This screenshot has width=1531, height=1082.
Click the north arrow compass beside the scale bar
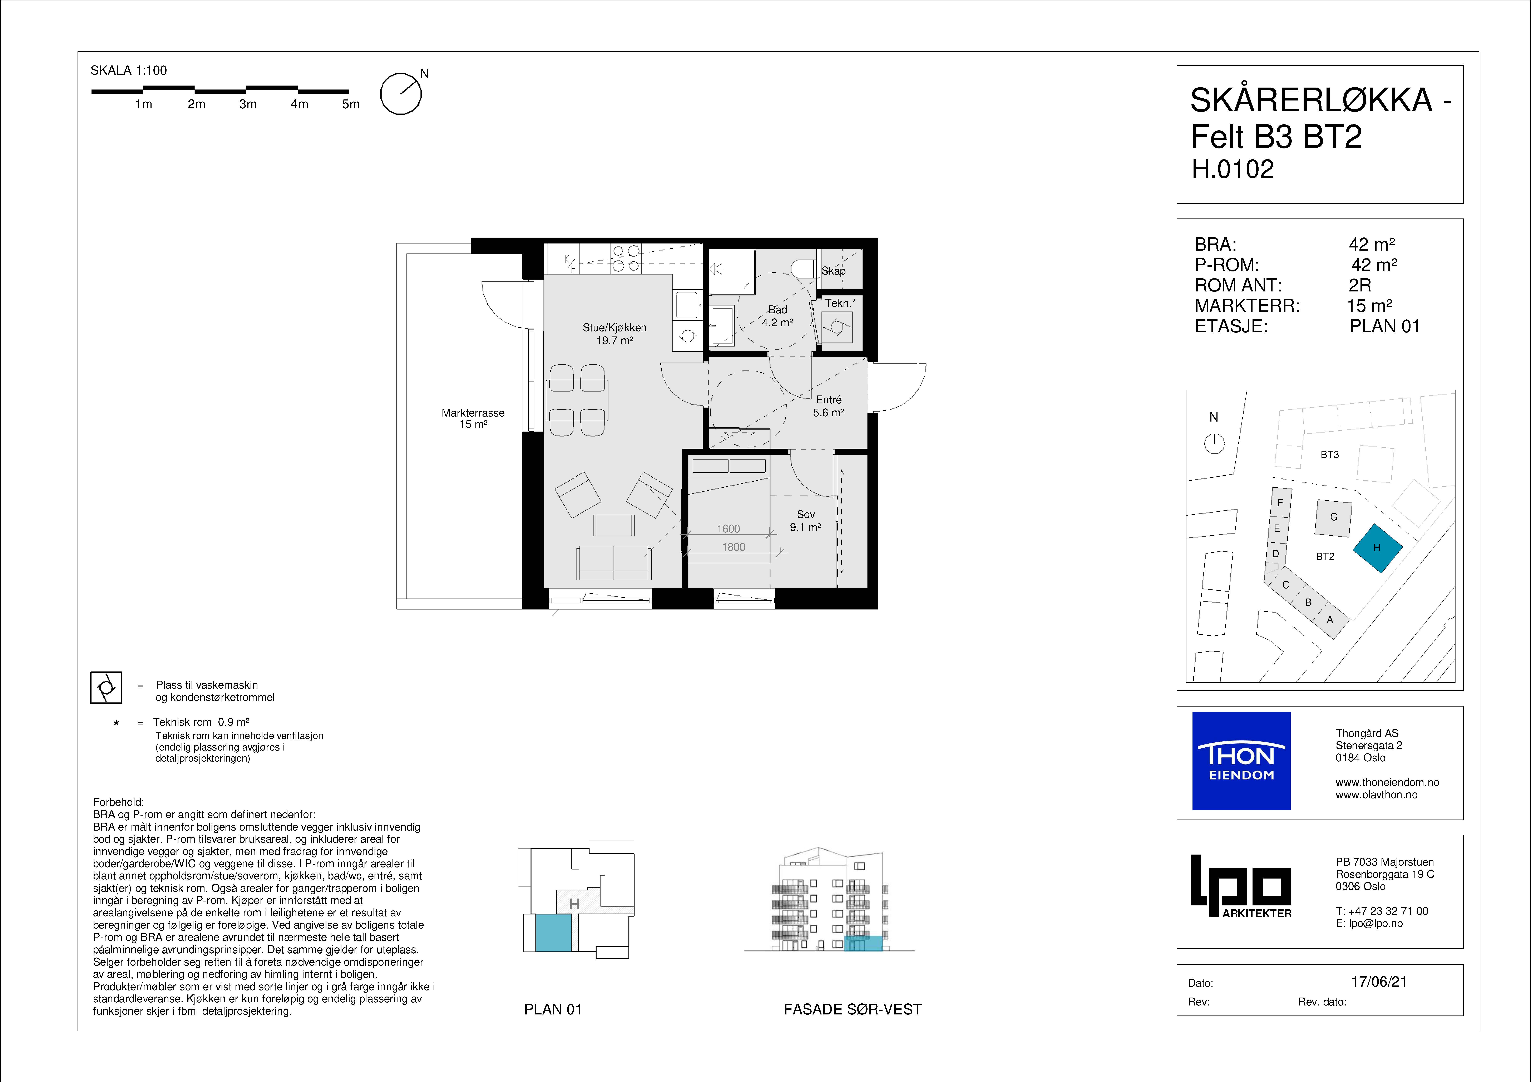[x=401, y=93]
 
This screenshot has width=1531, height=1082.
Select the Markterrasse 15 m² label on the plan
[x=473, y=418]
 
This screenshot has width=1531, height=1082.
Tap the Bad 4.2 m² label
[x=777, y=315]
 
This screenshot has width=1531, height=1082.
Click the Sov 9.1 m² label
[x=805, y=520]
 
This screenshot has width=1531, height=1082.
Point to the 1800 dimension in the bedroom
[x=734, y=547]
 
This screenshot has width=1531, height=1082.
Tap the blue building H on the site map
[x=1377, y=548]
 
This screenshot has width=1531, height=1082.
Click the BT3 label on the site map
[x=1330, y=454]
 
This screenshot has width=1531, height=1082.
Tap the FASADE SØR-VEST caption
[x=852, y=1009]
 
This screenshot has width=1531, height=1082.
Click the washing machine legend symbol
[x=106, y=687]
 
